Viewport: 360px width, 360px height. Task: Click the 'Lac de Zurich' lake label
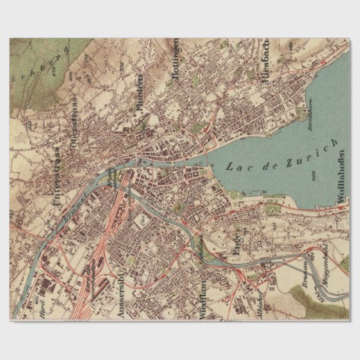pyautogui.click(x=281, y=157)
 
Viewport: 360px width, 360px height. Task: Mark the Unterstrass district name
pyautogui.click(x=50, y=177)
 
